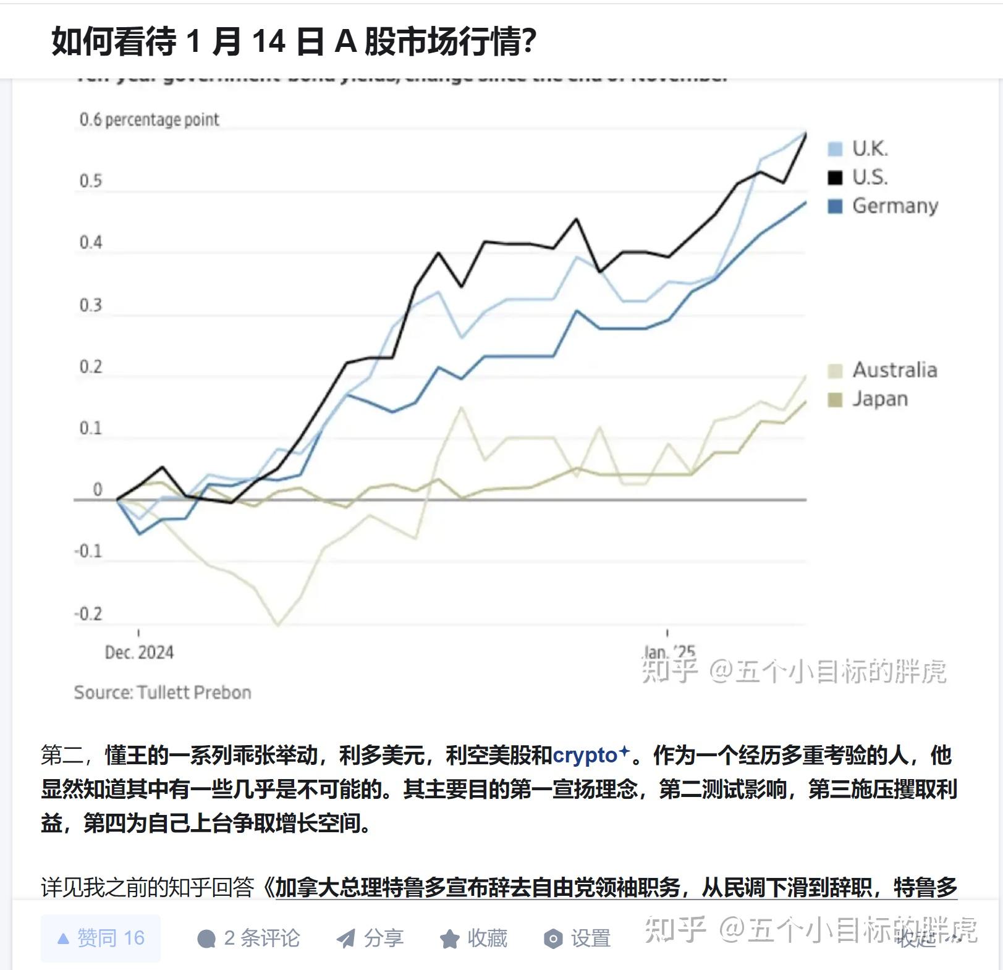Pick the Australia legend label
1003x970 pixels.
[x=894, y=370]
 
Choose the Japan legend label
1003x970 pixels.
[x=879, y=399]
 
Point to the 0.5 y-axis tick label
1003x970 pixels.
[x=90, y=181]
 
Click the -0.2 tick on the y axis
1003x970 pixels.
[x=88, y=614]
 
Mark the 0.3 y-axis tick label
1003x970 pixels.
[x=90, y=305]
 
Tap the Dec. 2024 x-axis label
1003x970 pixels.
[x=139, y=652]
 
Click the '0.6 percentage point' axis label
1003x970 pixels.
[x=149, y=119]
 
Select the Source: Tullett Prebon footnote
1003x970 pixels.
[x=163, y=692]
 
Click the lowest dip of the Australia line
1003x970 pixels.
[x=277, y=625]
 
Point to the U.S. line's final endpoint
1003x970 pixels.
[x=805, y=134]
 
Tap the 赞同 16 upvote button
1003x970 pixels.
[x=101, y=938]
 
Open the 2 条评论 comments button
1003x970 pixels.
[x=248, y=938]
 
